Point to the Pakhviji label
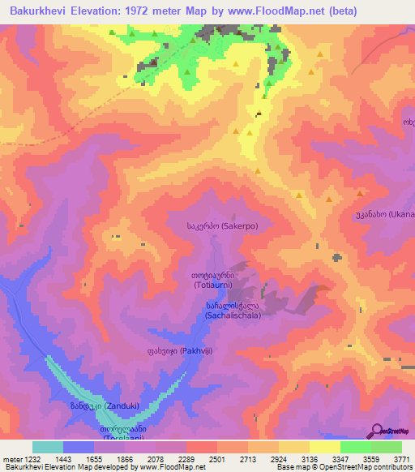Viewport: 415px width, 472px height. [x=185, y=351]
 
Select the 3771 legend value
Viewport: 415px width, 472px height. [x=402, y=458]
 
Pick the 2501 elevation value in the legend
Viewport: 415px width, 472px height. [x=217, y=458]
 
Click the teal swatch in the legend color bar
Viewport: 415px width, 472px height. [x=47, y=447]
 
